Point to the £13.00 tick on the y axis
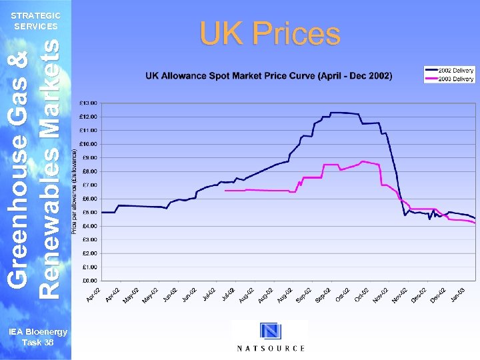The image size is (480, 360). coord(88,103)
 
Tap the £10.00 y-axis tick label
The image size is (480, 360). coord(88,144)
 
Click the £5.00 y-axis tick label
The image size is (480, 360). coord(89,213)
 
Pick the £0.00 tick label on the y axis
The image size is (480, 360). coord(89,281)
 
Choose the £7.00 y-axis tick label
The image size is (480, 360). coord(89,185)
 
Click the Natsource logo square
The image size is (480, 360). coord(270,331)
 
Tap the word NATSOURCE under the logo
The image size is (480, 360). coord(271,348)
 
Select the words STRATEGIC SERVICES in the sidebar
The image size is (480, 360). coord(37,21)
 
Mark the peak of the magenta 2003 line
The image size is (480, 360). coord(363,161)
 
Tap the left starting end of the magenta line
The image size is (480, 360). coord(225,191)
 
